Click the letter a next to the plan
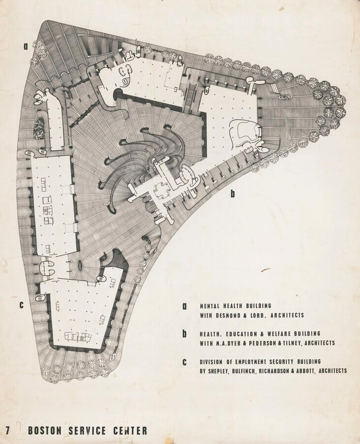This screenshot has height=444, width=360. (25, 47)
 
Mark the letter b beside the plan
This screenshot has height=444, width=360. (233, 194)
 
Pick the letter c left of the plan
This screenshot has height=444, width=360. (21, 305)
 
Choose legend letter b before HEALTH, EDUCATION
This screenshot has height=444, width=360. (185, 334)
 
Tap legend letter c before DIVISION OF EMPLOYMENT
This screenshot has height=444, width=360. (185, 362)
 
